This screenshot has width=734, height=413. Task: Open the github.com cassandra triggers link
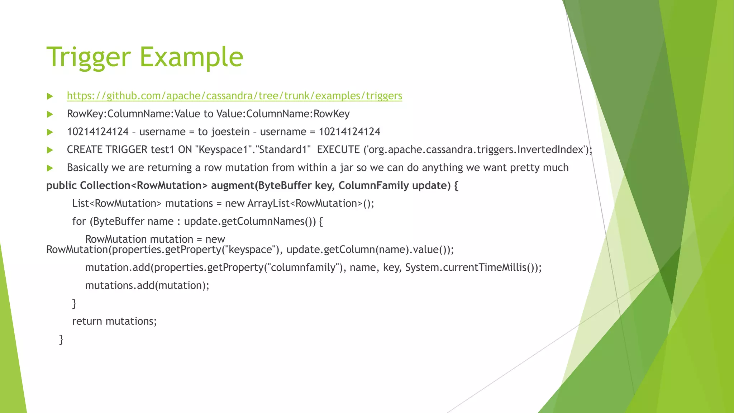234,96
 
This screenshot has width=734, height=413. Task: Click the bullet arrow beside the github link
50,96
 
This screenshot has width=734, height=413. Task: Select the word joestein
230,132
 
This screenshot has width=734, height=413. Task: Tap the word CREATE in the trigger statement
85,150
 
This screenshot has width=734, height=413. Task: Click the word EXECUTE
338,150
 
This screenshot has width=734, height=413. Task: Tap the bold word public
61,186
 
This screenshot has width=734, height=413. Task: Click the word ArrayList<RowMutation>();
310,204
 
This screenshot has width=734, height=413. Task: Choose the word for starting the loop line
79,222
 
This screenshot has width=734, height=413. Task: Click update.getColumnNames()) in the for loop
250,222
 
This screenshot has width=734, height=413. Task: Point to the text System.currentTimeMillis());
473,268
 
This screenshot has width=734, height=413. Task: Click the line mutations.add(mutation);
147,286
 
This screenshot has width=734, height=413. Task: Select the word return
87,321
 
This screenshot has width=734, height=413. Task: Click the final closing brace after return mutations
61,339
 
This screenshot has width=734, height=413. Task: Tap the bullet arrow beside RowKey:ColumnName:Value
50,114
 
